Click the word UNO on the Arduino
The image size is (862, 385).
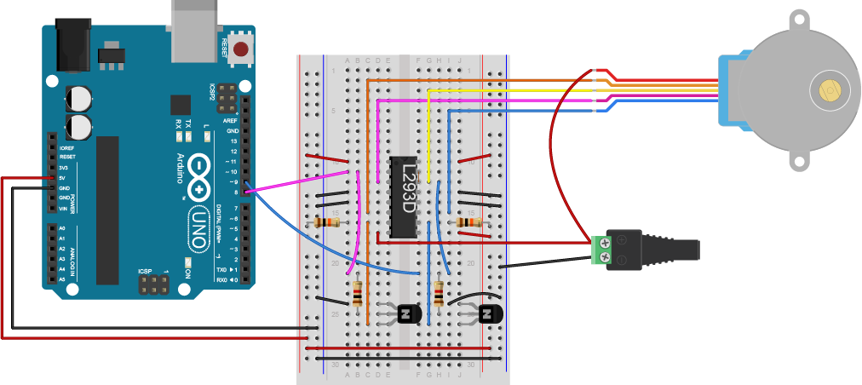point(199,227)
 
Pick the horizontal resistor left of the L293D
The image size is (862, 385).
point(328,223)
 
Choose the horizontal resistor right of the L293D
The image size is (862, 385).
point(468,223)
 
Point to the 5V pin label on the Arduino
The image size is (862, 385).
point(63,177)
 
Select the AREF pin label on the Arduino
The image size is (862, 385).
point(230,122)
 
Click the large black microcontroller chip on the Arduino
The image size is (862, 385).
point(107,210)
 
